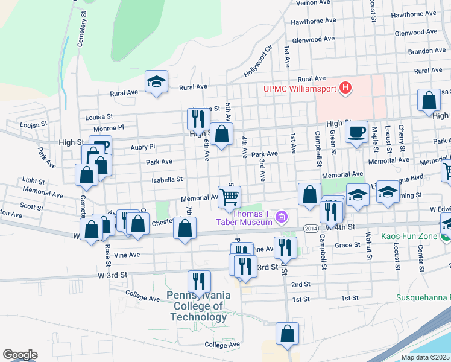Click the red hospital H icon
pyautogui.click(x=345, y=89)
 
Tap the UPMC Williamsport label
pyautogui.click(x=300, y=89)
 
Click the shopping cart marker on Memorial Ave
pyautogui.click(x=229, y=197)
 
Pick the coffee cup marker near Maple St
pyautogui.click(x=357, y=131)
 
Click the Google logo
pyautogui.click(x=20, y=355)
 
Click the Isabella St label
pyautogui.click(x=168, y=179)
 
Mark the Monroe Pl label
pyautogui.click(x=109, y=128)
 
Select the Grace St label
pyautogui.click(x=347, y=245)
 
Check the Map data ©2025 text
pyautogui.click(x=425, y=357)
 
